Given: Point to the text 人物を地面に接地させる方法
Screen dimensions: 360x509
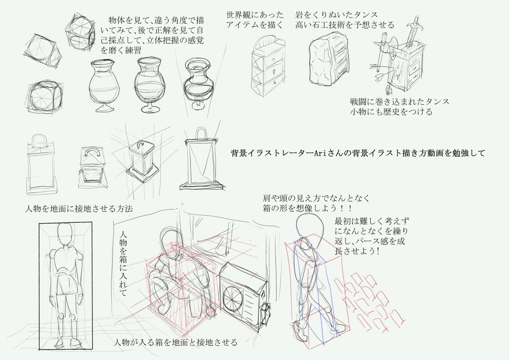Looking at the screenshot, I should click(x=79, y=209).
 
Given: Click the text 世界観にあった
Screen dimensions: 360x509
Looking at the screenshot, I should click(x=255, y=15).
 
